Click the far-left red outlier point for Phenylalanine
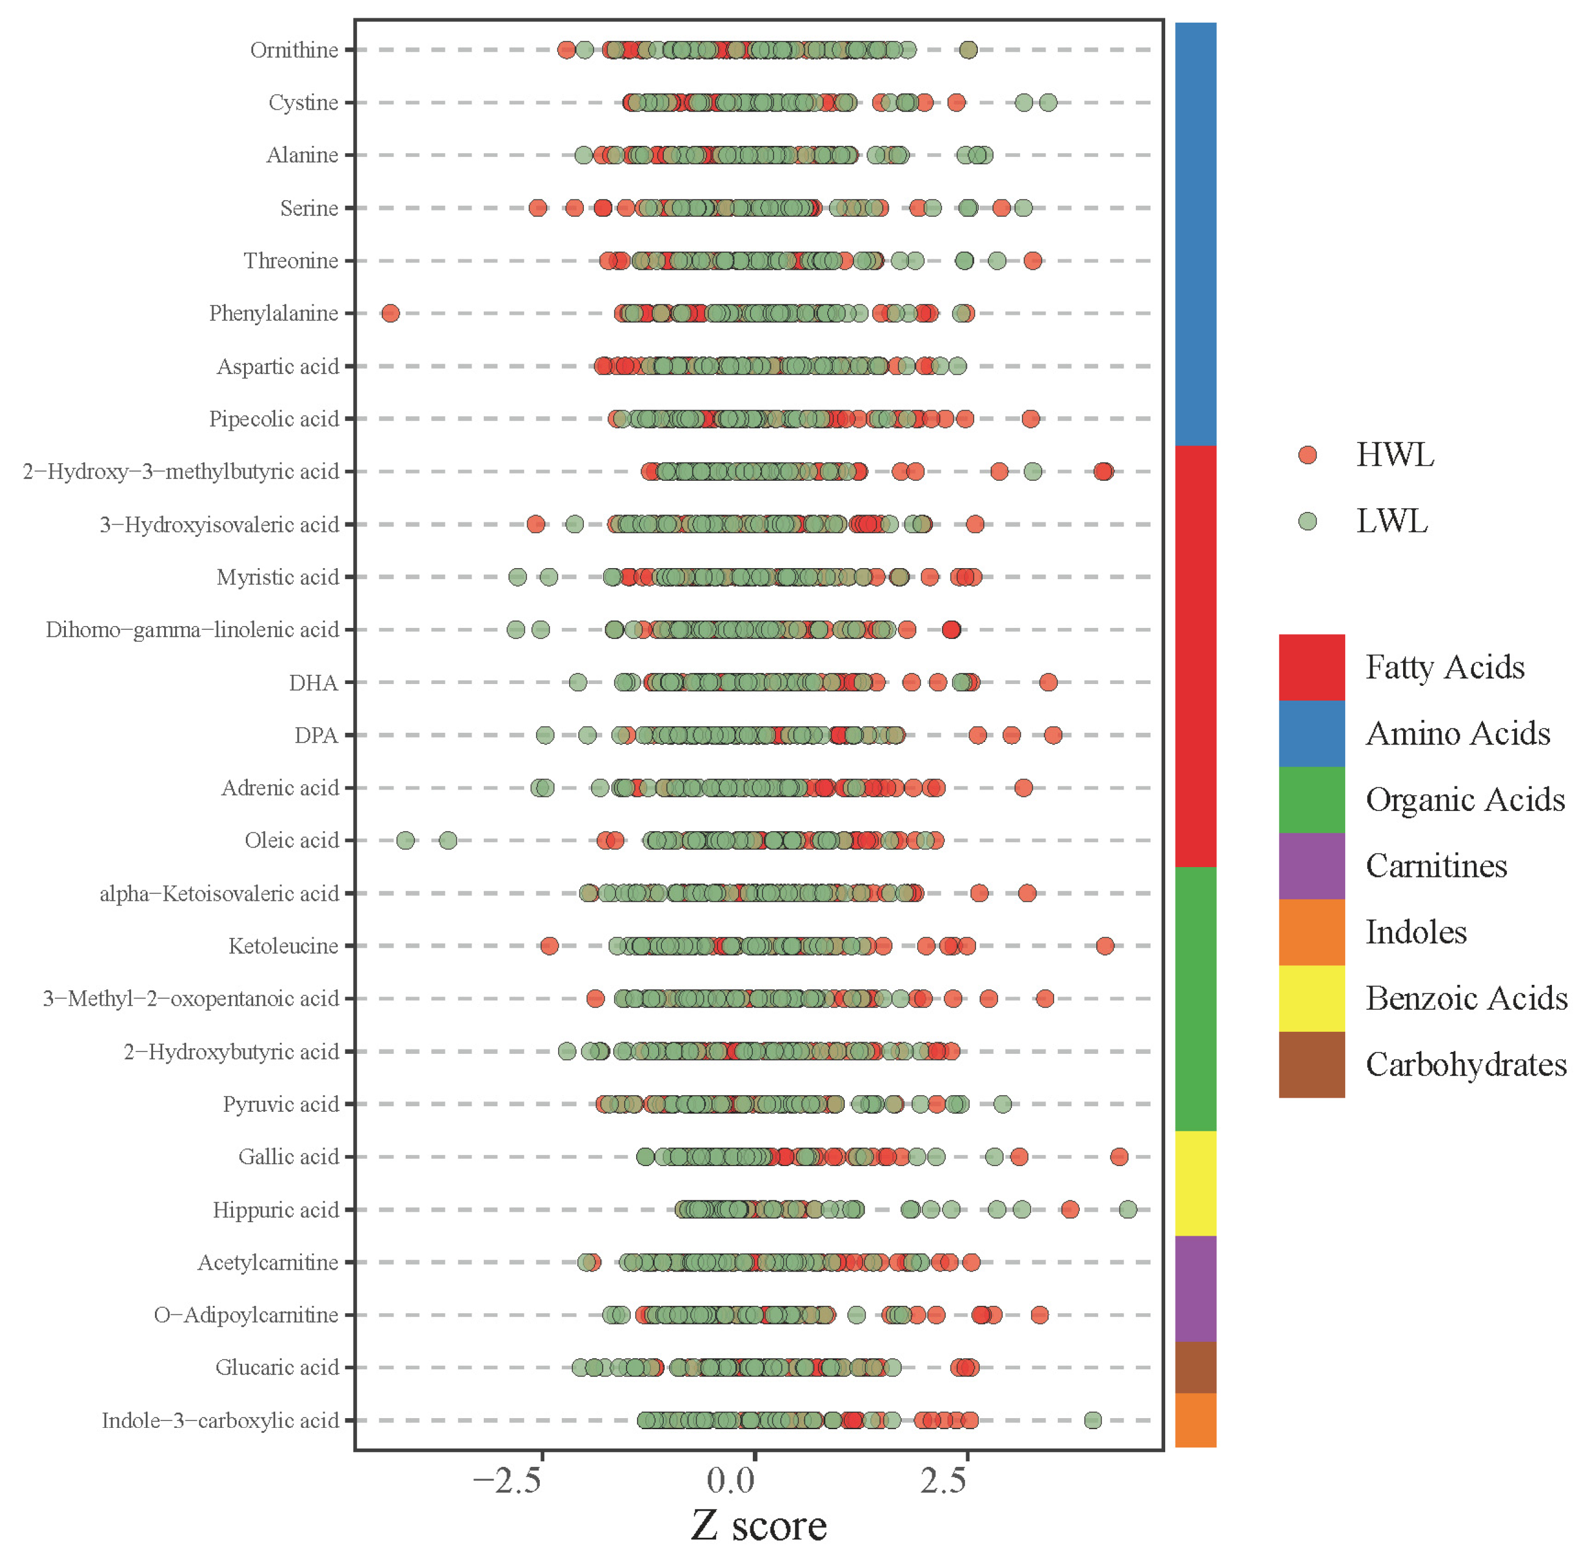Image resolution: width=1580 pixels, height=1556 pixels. click(x=390, y=313)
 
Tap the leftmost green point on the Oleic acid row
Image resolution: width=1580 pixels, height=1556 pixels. click(x=405, y=840)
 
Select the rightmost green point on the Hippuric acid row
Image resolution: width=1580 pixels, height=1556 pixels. click(x=1127, y=1209)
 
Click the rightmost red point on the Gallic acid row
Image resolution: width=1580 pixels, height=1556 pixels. click(x=1119, y=1156)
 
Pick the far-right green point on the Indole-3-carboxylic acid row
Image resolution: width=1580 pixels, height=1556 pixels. click(x=1093, y=1421)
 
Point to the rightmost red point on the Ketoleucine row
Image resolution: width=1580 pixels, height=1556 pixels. click(x=1105, y=946)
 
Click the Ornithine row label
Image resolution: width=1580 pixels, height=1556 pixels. click(x=293, y=50)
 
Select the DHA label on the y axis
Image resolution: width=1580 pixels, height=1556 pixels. click(x=313, y=682)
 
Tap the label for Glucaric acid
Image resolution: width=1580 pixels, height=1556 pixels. click(x=276, y=1367)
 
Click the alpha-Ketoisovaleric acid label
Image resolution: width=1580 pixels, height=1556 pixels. click(x=218, y=893)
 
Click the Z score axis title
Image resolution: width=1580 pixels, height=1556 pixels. click(x=758, y=1525)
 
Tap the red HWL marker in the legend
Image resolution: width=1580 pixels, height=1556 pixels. click(x=1307, y=455)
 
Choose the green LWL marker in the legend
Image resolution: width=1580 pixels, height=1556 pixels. click(x=1307, y=521)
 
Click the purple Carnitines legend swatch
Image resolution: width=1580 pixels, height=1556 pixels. click(x=1311, y=865)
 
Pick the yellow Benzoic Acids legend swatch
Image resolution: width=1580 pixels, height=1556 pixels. click(x=1311, y=998)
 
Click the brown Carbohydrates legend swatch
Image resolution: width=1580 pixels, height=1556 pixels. click(x=1311, y=1064)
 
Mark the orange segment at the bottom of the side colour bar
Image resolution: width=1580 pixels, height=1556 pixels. click(x=1195, y=1419)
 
